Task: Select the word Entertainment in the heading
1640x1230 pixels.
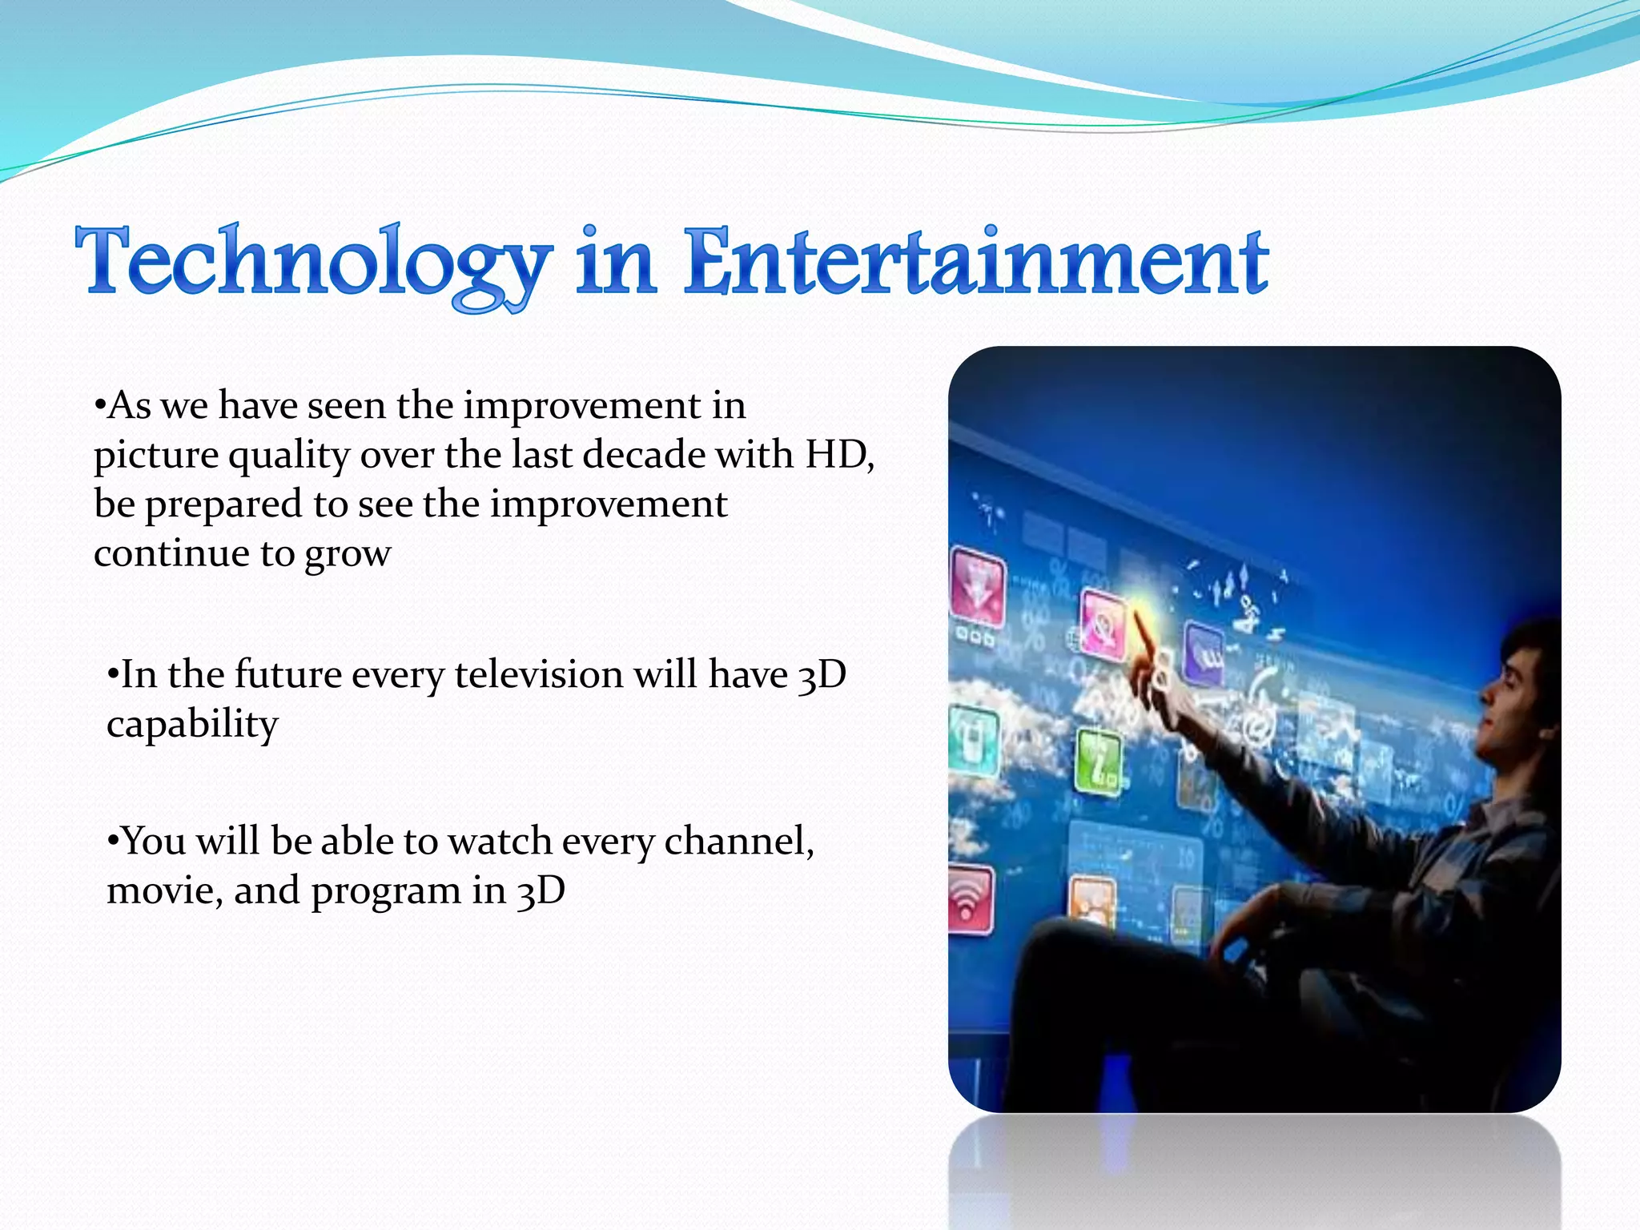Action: pos(975,261)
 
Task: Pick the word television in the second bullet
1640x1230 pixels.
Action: pos(538,674)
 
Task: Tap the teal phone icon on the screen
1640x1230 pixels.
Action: pos(974,741)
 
